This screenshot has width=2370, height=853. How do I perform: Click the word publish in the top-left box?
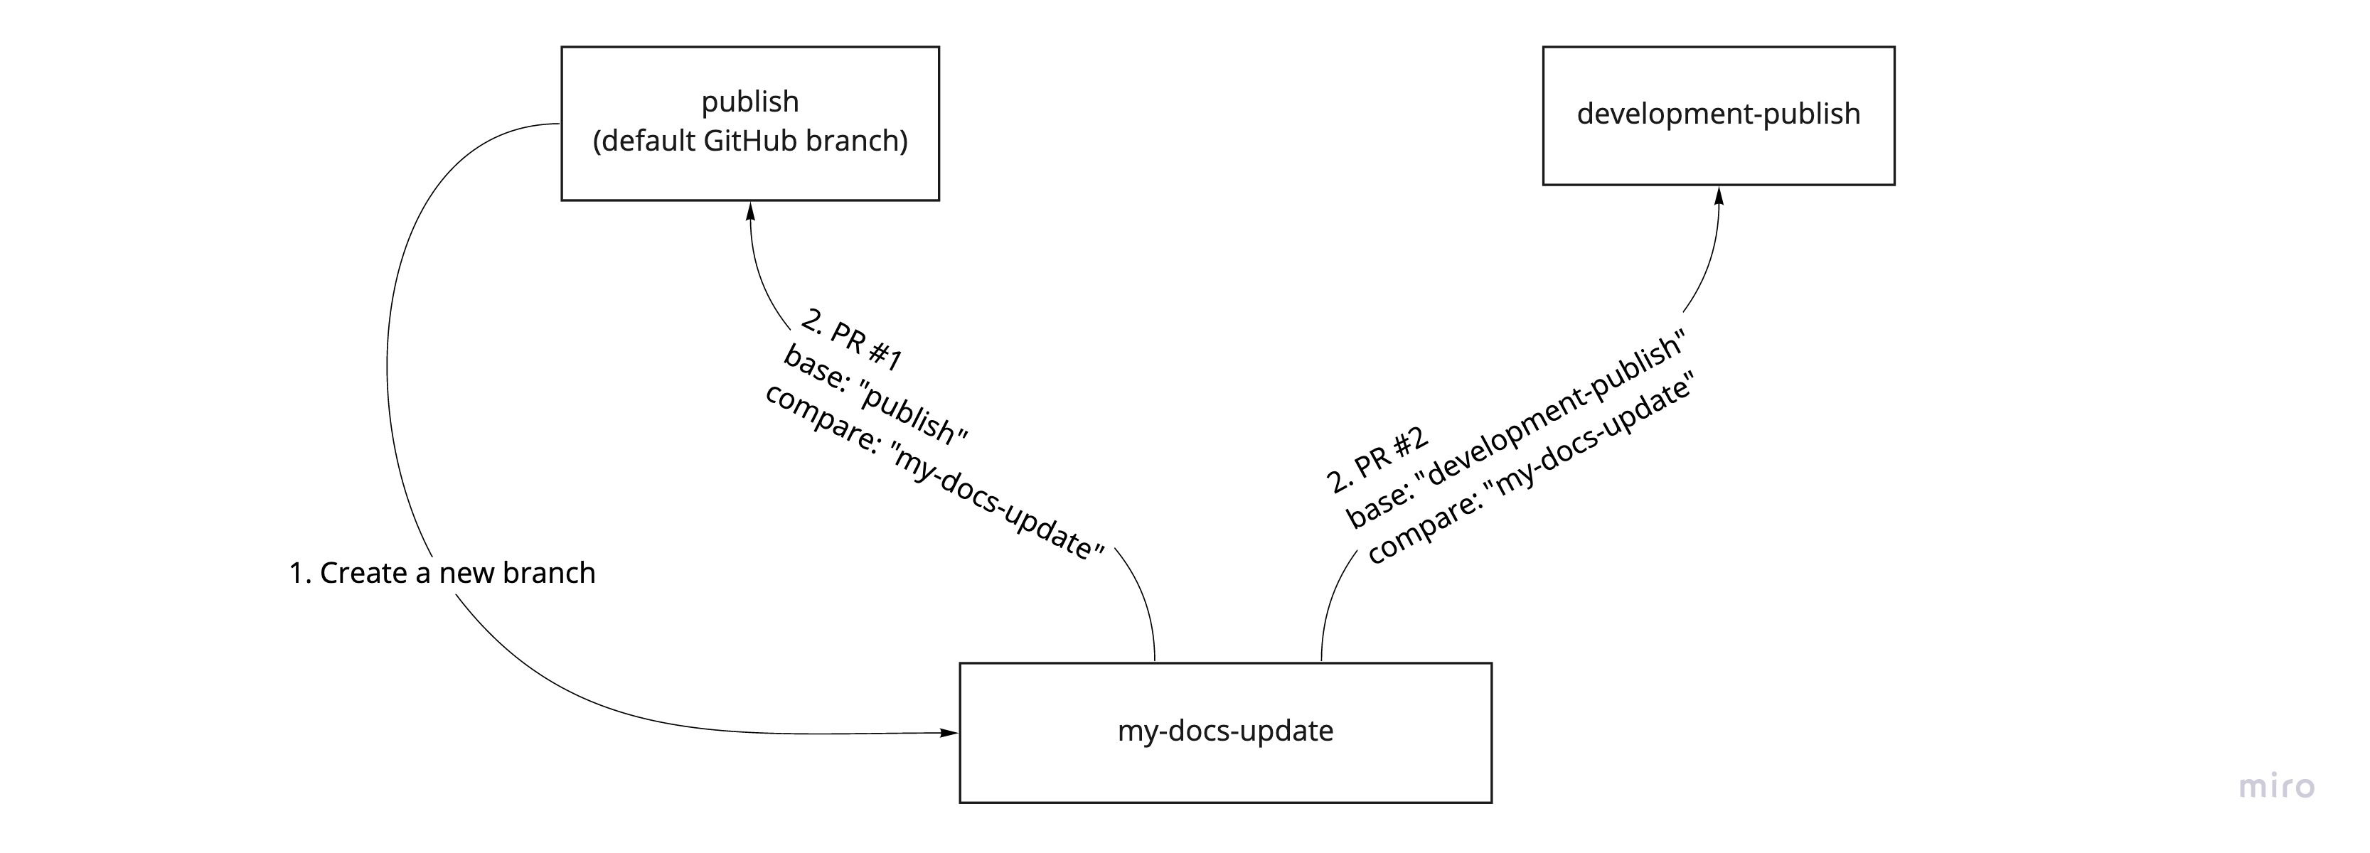pos(750,101)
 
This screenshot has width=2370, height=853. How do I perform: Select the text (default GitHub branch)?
pos(750,141)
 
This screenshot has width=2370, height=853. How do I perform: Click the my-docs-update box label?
pos(1224,731)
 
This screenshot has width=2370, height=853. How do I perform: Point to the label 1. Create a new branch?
pos(442,573)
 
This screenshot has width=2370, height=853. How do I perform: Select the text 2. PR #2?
pos(1377,459)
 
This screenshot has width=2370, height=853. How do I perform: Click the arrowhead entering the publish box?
pos(750,210)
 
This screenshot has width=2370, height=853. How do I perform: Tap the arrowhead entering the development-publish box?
pos(1718,195)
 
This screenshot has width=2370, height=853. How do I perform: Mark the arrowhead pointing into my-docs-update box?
pos(949,732)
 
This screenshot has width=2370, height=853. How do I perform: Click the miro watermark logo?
pos(2275,787)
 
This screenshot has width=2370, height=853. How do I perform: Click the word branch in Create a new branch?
pos(549,573)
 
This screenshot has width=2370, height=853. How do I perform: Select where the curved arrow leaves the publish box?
pos(557,123)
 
